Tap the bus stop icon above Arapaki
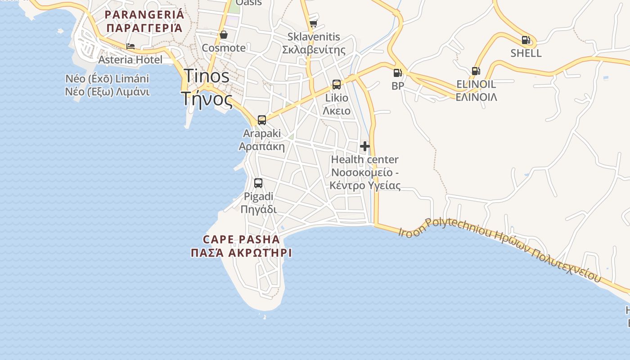pos(262,120)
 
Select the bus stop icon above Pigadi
pos(258,183)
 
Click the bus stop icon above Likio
pos(337,85)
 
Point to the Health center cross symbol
pos(365,146)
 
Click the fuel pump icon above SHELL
pos(526,40)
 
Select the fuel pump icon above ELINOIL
pos(476,71)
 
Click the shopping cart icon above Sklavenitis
pos(313,23)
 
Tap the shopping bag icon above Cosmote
pos(224,35)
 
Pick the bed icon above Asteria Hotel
pos(130,46)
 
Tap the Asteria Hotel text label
pos(130,59)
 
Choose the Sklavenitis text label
pos(314,37)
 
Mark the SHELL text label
pos(526,53)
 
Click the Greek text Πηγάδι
pos(258,209)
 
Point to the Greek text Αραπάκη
pos(261,146)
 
